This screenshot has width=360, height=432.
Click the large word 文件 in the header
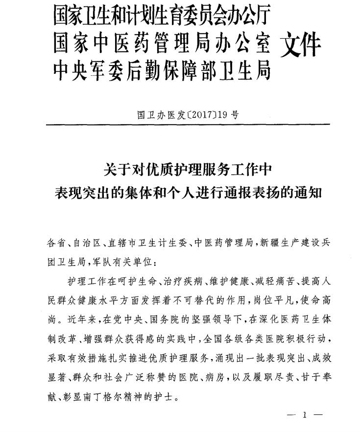click(301, 45)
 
